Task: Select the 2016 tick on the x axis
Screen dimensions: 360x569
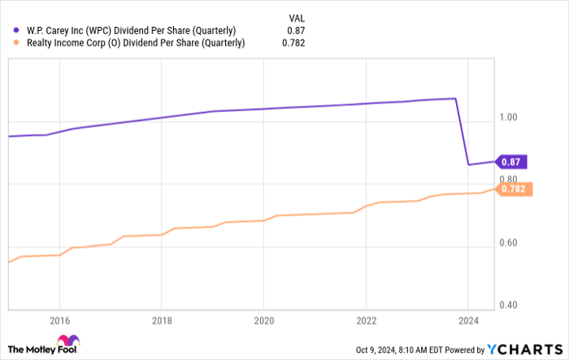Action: (59, 319)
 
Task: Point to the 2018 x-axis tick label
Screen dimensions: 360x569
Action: (162, 319)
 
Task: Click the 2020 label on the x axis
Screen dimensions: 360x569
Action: (263, 319)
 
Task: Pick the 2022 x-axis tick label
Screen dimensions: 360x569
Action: (366, 319)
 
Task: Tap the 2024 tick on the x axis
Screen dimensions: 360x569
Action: (468, 319)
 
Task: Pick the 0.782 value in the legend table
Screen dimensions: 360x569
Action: (294, 44)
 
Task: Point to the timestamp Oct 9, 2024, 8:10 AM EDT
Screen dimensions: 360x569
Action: (402, 350)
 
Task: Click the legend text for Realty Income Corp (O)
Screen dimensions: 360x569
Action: (133, 44)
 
